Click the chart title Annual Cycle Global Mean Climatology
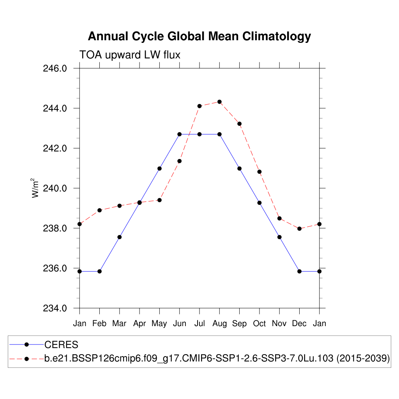199,36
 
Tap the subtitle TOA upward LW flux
130,55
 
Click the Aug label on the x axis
219,324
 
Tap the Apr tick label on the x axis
139,324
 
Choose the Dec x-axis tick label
299,324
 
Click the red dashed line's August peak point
219,102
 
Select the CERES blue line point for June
180,134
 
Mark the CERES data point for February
99,271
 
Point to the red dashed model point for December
299,229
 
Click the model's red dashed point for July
199,106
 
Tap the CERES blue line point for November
279,237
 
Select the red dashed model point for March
120,205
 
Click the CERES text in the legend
61,345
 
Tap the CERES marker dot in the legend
26,344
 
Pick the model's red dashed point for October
259,172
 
